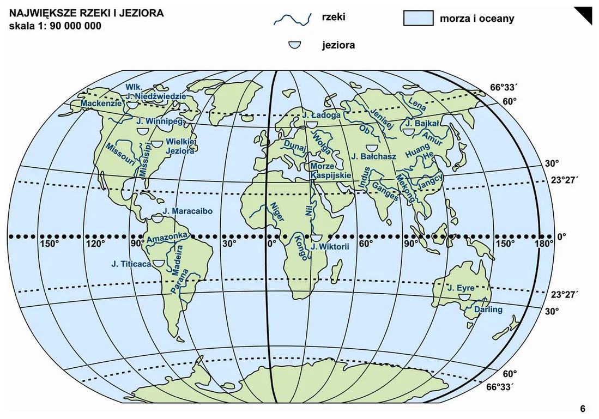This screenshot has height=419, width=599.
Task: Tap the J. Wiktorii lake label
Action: click(x=329, y=247)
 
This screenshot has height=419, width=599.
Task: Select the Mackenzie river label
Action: click(x=101, y=103)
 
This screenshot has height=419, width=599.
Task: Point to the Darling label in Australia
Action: click(x=488, y=309)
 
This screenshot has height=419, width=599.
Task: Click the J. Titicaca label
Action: click(x=130, y=264)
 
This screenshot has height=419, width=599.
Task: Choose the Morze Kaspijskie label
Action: click(x=330, y=171)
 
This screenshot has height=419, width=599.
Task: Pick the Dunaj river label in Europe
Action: click(x=294, y=147)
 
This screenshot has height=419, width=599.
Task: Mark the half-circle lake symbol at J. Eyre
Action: click(x=464, y=297)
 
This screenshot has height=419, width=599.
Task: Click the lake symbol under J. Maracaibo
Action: click(x=158, y=220)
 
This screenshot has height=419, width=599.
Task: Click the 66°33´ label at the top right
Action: click(x=498, y=87)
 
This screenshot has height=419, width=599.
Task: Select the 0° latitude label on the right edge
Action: click(x=561, y=237)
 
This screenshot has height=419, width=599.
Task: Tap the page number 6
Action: click(x=582, y=409)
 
